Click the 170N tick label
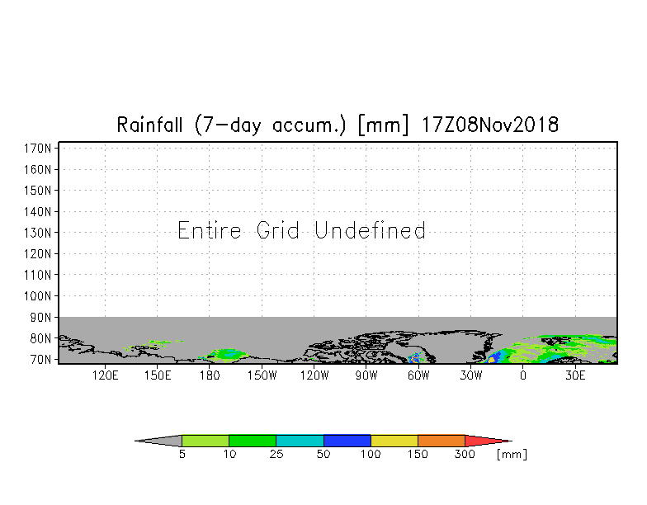click(37, 149)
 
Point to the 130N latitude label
click(37, 233)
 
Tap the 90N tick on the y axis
click(40, 317)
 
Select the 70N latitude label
click(40, 360)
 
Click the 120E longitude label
click(106, 375)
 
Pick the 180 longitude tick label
click(210, 375)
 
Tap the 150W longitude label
click(262, 375)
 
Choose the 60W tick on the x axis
click(418, 375)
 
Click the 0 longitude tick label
click(523, 375)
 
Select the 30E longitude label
click(575, 375)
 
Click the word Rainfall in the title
click(149, 124)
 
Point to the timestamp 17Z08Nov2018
click(490, 124)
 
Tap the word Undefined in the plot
click(370, 230)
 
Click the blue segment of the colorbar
click(347, 441)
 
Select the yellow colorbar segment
click(394, 441)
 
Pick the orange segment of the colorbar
click(441, 441)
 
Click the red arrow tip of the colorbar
click(512, 441)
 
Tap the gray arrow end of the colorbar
click(135, 441)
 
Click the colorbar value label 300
click(465, 454)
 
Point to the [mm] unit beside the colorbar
click(512, 454)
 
